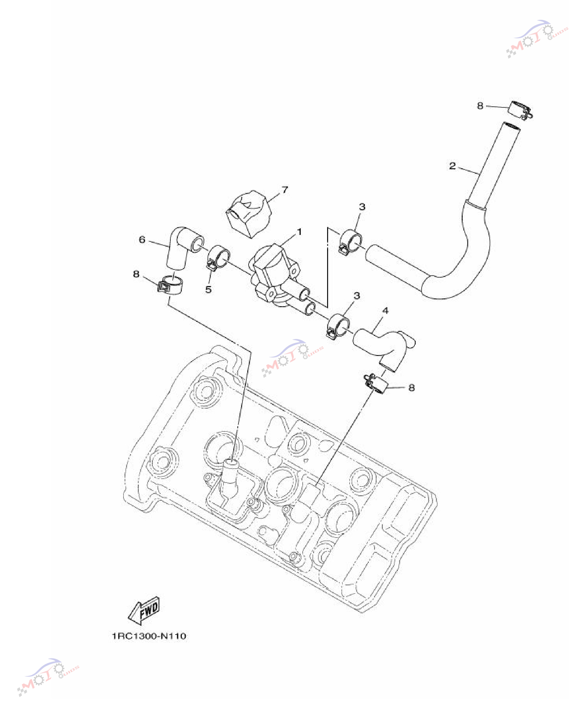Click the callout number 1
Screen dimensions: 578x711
click(299, 232)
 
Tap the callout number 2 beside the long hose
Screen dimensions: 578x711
click(452, 166)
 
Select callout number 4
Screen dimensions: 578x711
click(385, 311)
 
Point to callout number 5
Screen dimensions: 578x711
click(209, 289)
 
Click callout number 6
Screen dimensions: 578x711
click(142, 239)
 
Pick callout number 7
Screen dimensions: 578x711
click(285, 190)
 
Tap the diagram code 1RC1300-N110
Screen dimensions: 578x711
click(149, 636)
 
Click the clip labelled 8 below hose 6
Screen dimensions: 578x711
click(170, 285)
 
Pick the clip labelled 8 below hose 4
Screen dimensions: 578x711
click(377, 383)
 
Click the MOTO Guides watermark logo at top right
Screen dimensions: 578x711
click(537, 38)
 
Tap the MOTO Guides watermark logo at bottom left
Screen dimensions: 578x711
click(48, 677)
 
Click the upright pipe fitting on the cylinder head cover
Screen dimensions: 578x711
click(230, 477)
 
